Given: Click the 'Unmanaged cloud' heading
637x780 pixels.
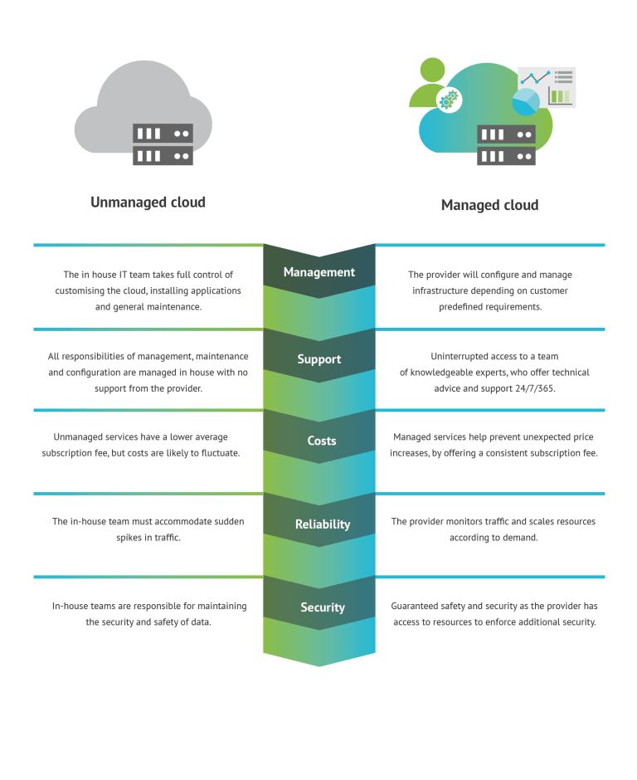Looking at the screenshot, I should tap(148, 202).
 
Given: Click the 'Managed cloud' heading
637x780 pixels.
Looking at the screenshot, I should tap(489, 205).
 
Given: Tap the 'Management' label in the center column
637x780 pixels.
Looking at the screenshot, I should tap(318, 272).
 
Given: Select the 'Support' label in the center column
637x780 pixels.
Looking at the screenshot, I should tap(318, 359).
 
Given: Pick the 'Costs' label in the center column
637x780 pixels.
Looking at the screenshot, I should tap(321, 441).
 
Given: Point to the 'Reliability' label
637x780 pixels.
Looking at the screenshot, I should tap(322, 524).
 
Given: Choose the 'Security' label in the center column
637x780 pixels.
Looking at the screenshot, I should tap(322, 607).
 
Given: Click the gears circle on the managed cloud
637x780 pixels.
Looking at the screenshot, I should tap(449, 100).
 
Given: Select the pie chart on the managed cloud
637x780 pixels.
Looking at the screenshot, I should tap(525, 102).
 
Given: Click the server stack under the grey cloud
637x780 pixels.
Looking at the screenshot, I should tap(163, 144).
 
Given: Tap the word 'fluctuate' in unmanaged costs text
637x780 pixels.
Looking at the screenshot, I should tap(217, 453).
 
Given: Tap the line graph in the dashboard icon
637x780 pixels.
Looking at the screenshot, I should tap(535, 78).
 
